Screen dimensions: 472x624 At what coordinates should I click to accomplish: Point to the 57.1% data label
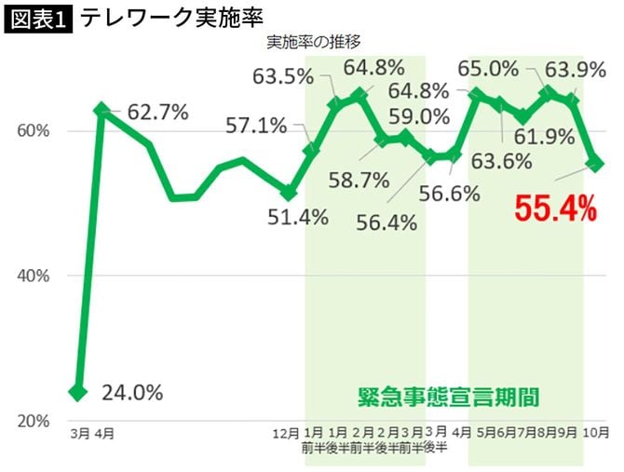[x=255, y=124]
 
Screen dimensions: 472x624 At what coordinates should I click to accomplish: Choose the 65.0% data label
[x=489, y=68]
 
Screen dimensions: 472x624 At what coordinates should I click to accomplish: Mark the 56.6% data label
[x=450, y=194]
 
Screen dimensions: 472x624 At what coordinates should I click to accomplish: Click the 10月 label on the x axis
[x=597, y=433]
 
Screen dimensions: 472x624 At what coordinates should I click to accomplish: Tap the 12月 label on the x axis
[x=288, y=433]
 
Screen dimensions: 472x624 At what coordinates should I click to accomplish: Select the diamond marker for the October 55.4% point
[x=595, y=164]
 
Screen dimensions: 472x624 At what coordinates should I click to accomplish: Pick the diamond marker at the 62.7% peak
[x=102, y=110]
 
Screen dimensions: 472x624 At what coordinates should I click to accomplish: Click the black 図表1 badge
[x=39, y=18]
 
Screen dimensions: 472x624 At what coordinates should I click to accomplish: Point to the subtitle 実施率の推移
[x=313, y=43]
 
